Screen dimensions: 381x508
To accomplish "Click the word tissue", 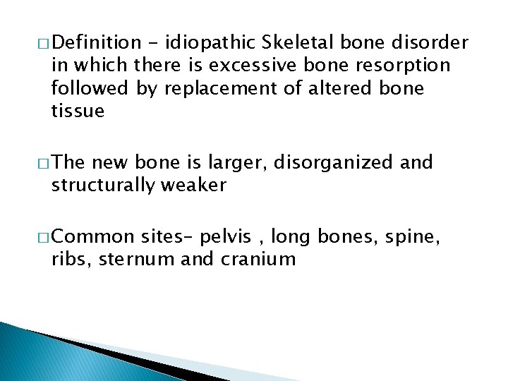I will pos(78,111).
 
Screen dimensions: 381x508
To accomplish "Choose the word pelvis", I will pos(230,237).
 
